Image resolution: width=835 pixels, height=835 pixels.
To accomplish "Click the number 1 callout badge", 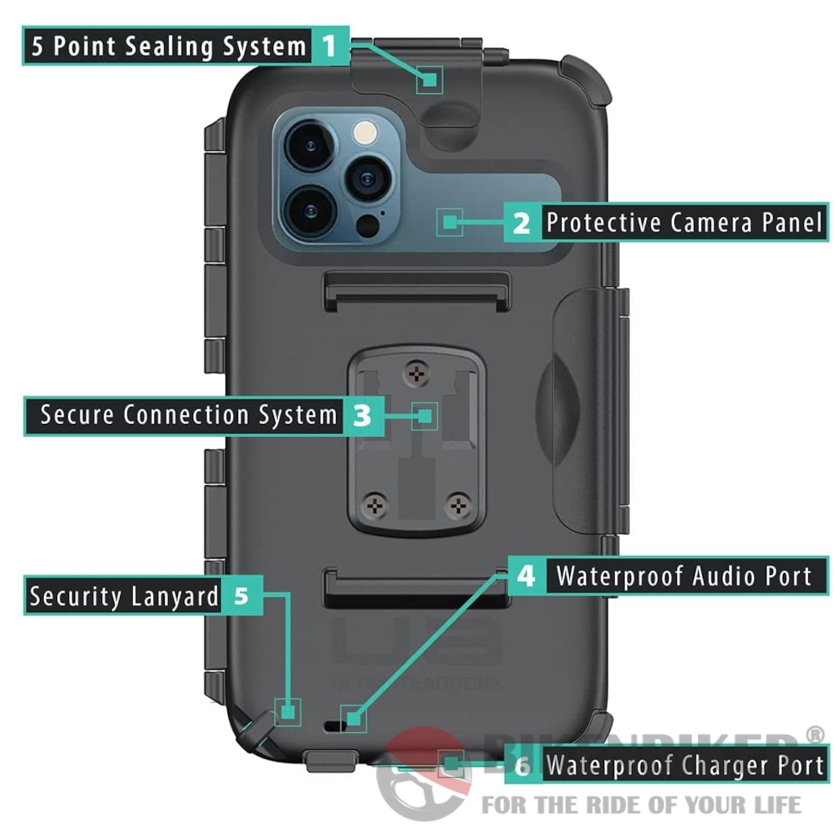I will click(x=329, y=45).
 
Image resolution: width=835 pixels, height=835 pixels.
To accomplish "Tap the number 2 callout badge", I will click(x=522, y=222).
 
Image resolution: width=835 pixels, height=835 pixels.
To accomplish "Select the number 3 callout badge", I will click(x=362, y=415).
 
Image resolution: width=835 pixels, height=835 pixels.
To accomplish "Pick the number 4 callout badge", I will click(x=527, y=576).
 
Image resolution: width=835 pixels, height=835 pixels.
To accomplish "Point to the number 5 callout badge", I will click(x=241, y=595).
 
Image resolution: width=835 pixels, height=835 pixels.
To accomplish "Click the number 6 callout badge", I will click(x=522, y=766).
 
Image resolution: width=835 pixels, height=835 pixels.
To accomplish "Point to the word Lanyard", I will click(x=170, y=596).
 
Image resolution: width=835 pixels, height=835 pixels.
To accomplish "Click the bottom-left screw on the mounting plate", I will click(x=374, y=505).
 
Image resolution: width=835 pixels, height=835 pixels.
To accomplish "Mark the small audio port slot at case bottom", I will click(x=333, y=723).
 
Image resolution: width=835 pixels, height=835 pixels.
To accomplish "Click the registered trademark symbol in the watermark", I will click(x=814, y=736).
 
